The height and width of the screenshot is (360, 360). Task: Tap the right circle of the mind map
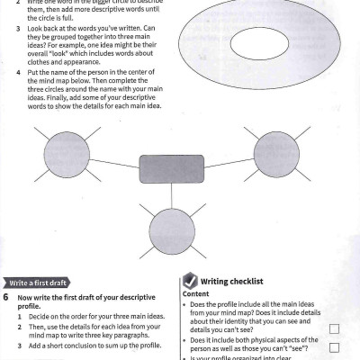click(x=274, y=149)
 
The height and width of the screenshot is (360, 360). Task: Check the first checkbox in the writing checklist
click(x=334, y=328)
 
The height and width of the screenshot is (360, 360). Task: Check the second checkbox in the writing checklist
click(x=334, y=346)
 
